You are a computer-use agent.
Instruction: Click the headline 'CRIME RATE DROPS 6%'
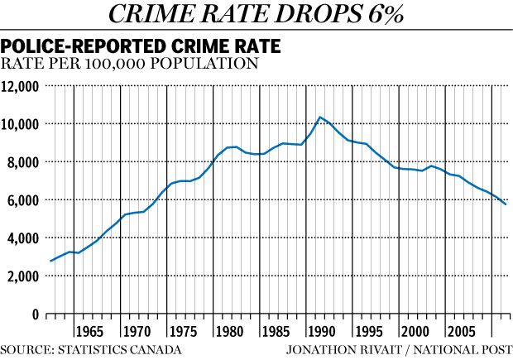[x=256, y=14]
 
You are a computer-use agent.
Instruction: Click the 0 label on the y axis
[x=35, y=314]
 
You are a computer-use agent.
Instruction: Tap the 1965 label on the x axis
[x=92, y=333]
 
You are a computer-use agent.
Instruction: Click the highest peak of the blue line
[x=320, y=118]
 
